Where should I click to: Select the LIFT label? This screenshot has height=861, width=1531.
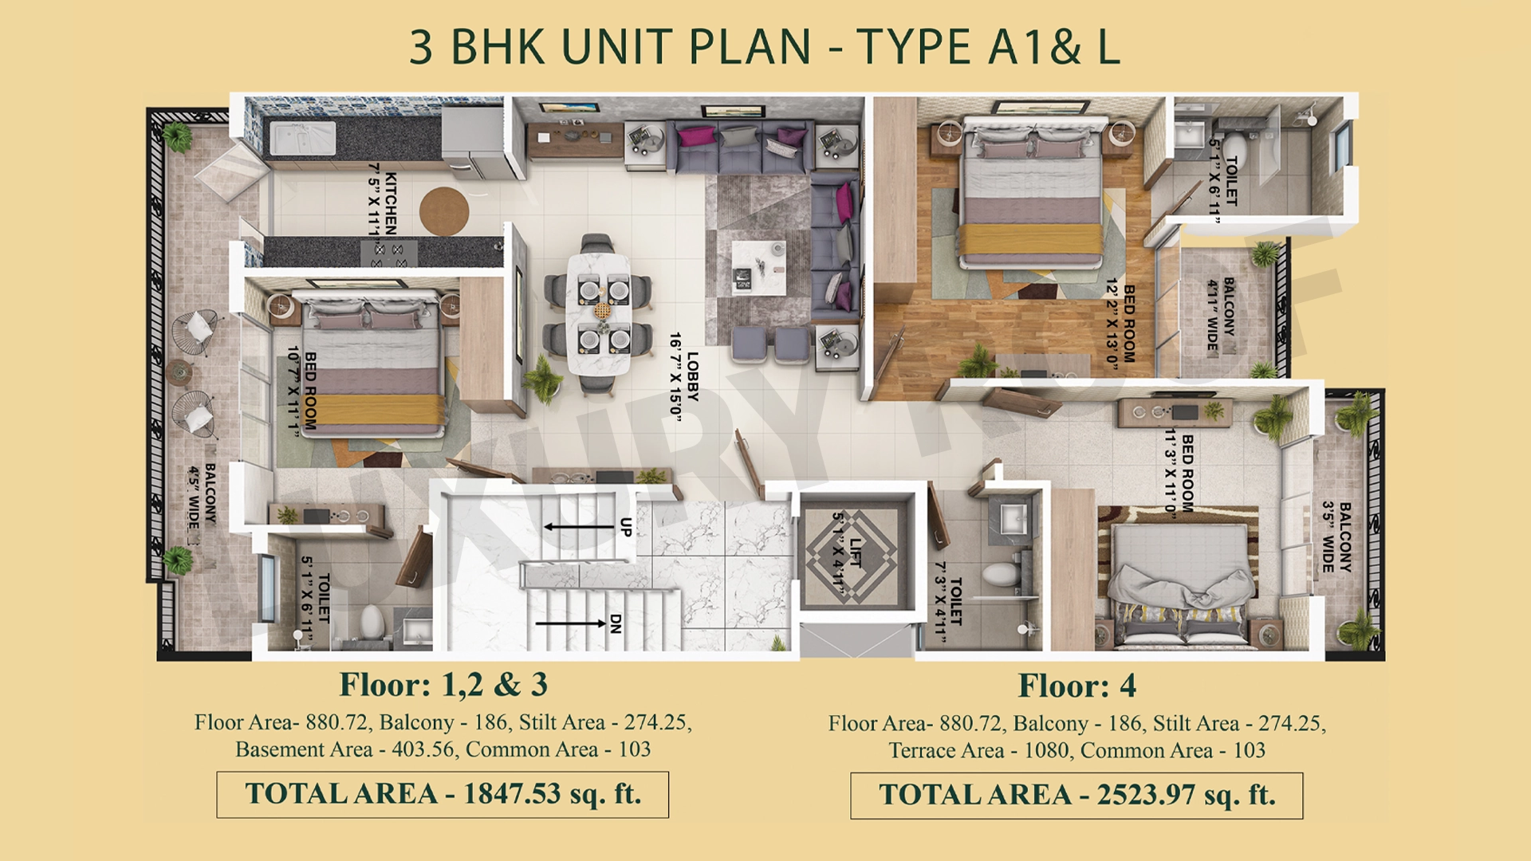[847, 552]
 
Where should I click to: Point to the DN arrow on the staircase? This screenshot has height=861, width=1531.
[571, 623]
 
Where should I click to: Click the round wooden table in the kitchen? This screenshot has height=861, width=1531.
[444, 210]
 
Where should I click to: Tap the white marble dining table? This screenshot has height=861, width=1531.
[599, 313]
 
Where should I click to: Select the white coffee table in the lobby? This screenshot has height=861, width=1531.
[758, 268]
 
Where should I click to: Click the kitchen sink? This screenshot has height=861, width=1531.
[302, 138]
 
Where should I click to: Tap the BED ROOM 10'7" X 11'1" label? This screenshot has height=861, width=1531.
[302, 391]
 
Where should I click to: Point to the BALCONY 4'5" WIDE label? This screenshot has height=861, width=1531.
[202, 497]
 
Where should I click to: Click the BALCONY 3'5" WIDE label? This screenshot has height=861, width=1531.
[1336, 537]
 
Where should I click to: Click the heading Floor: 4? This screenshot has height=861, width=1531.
[1077, 686]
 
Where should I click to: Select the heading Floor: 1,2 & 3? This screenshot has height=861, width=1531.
[443, 685]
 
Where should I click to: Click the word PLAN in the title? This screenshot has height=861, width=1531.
[750, 47]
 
